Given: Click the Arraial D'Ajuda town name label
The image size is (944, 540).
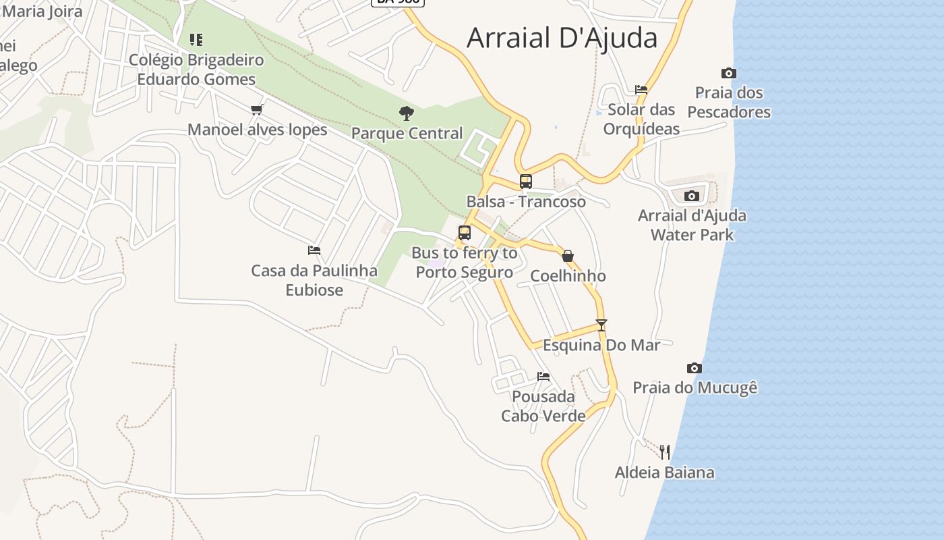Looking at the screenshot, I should coord(562,38).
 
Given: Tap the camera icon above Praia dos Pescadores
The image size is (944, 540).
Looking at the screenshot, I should coord(729,73).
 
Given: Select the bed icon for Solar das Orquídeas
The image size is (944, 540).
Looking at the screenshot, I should coord(641,89).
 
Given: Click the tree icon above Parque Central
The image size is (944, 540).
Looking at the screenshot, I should coord(407,113).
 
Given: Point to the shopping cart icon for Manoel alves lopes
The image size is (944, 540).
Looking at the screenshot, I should coord(256,109).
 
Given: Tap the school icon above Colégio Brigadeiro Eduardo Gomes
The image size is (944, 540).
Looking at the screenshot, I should coord(196,40).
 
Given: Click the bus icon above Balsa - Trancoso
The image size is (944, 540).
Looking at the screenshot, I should coord(526,181).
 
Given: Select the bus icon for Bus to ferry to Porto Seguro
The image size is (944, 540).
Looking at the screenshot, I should coord(465,233).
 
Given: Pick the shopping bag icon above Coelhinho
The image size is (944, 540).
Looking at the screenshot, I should coord(568,256).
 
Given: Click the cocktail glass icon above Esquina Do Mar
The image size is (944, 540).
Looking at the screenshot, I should coord(601,325).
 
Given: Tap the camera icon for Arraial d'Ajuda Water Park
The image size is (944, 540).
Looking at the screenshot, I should coord(692,196).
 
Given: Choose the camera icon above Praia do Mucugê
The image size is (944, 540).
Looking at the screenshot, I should coord(695,368).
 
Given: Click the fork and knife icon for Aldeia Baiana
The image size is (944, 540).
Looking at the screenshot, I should coord(665,452).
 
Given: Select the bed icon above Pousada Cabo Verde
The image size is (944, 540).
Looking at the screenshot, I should coord(543,376).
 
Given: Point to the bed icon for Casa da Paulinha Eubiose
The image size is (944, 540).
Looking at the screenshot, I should coord(314,250).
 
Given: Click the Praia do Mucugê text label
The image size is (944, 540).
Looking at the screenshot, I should coord(695,387).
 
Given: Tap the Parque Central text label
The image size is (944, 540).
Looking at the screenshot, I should coord(407,133).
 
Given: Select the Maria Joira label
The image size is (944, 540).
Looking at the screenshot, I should coord(42,11).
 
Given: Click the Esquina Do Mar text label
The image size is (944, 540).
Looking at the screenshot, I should coord(601,345).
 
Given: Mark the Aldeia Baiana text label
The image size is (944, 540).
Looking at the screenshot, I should coord(664,472).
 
